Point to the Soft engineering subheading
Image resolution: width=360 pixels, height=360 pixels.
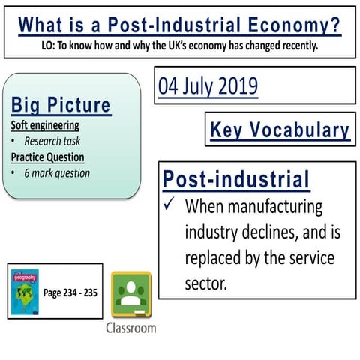45,124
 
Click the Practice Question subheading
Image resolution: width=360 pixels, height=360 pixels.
47,157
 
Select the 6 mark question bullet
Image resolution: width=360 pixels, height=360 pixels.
56,173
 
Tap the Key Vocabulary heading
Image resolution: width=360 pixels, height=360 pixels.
280,130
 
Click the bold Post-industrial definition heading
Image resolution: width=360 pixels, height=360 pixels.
236,180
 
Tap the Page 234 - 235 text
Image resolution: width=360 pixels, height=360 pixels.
70,292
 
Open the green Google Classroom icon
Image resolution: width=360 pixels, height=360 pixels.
131,295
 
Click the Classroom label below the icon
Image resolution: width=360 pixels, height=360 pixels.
131,328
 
